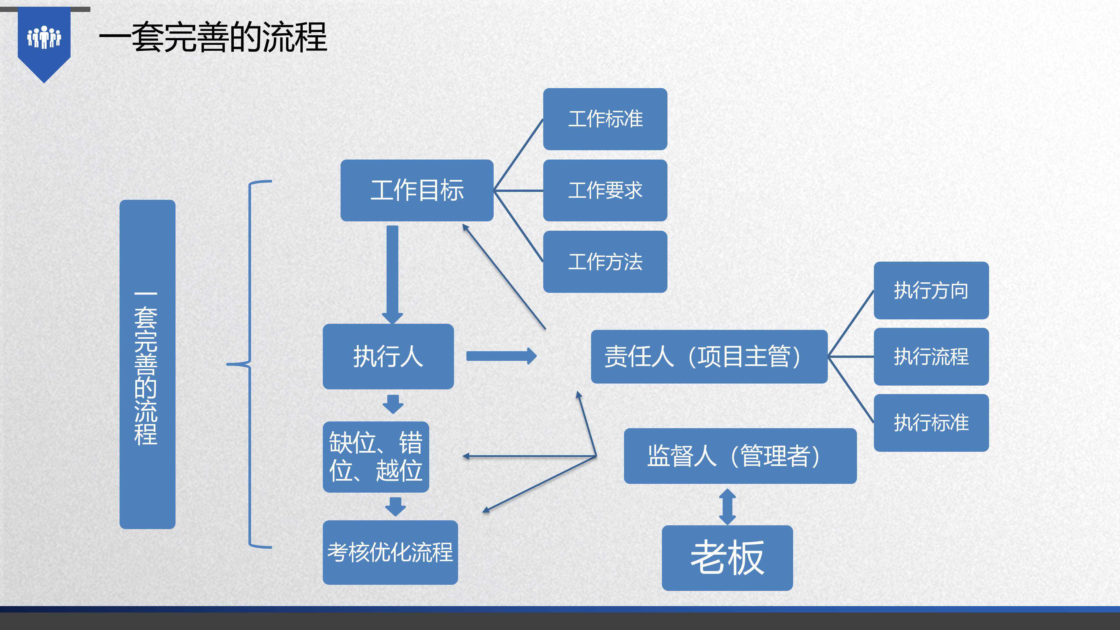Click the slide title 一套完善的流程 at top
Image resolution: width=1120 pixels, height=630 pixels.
click(x=213, y=38)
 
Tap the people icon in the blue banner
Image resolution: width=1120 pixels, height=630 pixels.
click(x=44, y=37)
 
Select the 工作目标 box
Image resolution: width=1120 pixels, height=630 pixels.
click(x=416, y=190)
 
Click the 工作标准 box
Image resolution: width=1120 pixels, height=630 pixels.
click(x=605, y=119)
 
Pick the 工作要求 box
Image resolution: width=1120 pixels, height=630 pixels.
click(x=605, y=190)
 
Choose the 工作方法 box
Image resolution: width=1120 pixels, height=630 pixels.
click(x=605, y=262)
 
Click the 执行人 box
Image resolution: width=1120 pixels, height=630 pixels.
click(x=388, y=356)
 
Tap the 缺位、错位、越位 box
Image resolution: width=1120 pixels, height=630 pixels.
click(x=376, y=456)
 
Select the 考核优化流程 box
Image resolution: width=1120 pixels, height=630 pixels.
click(x=390, y=552)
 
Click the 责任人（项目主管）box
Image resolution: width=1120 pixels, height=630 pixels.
click(x=709, y=356)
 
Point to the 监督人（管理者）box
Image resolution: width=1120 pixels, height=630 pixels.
click(x=740, y=456)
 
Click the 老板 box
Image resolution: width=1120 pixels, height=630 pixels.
click(x=727, y=558)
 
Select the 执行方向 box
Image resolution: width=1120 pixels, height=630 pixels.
click(x=931, y=290)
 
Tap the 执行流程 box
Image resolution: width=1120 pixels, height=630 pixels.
click(x=931, y=356)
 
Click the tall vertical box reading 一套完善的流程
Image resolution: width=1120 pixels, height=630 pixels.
click(x=147, y=364)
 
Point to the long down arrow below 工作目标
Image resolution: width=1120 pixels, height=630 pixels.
click(x=392, y=274)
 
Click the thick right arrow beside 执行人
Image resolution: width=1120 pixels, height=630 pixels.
click(x=501, y=356)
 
